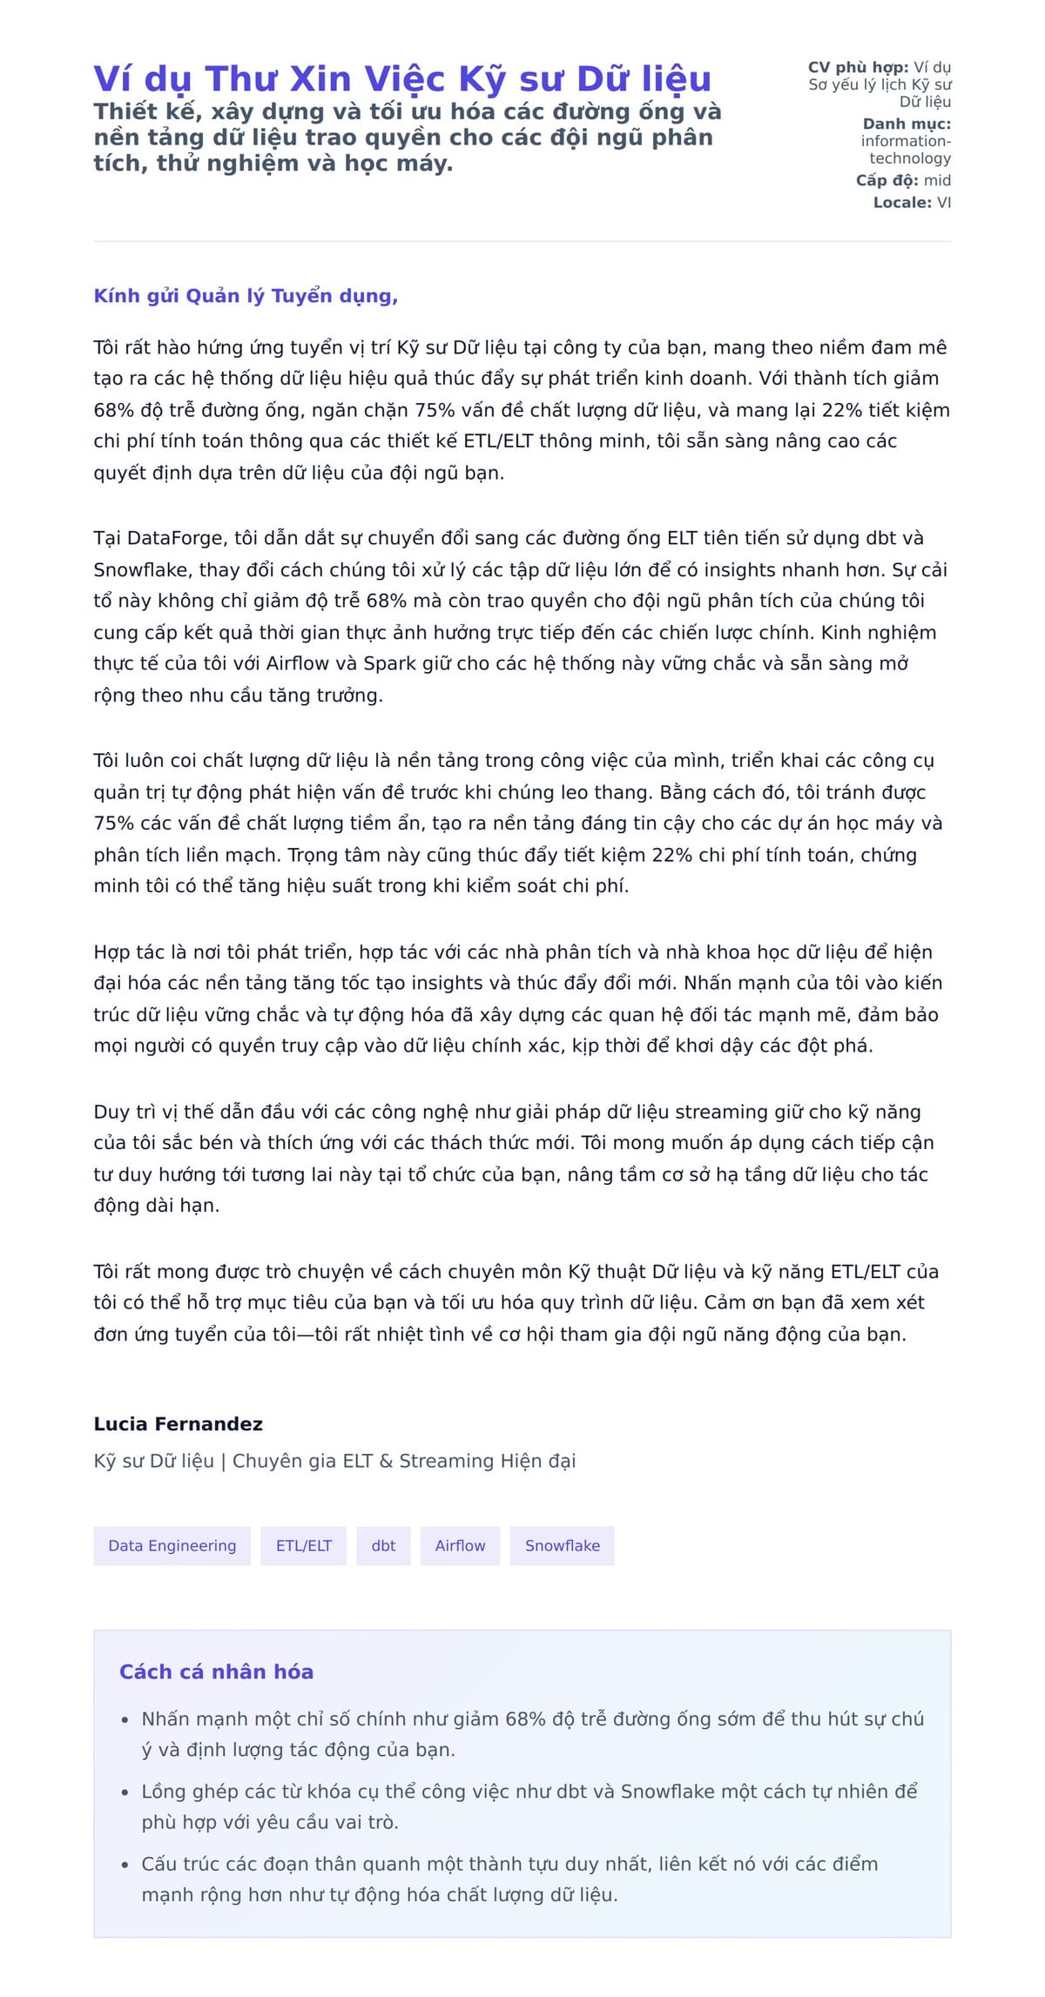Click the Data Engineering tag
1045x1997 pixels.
(172, 1545)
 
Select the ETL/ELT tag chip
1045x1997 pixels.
(304, 1545)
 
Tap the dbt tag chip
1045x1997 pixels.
(383, 1545)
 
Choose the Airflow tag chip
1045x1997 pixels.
(460, 1545)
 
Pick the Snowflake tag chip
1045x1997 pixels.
(562, 1545)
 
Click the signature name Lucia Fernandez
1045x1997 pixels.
(178, 1423)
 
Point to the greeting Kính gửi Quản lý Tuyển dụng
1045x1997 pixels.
(246, 296)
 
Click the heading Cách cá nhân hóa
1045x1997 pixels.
(216, 1671)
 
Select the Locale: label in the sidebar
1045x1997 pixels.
(902, 202)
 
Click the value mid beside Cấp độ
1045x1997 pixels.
(937, 180)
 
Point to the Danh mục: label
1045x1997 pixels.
(907, 124)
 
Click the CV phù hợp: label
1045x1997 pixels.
(858, 67)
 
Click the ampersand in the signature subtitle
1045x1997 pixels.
(386, 1461)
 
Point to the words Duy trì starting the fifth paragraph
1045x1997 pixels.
(123, 1112)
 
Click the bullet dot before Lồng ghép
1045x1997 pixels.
(125, 1792)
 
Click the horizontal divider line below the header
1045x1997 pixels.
(522, 241)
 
